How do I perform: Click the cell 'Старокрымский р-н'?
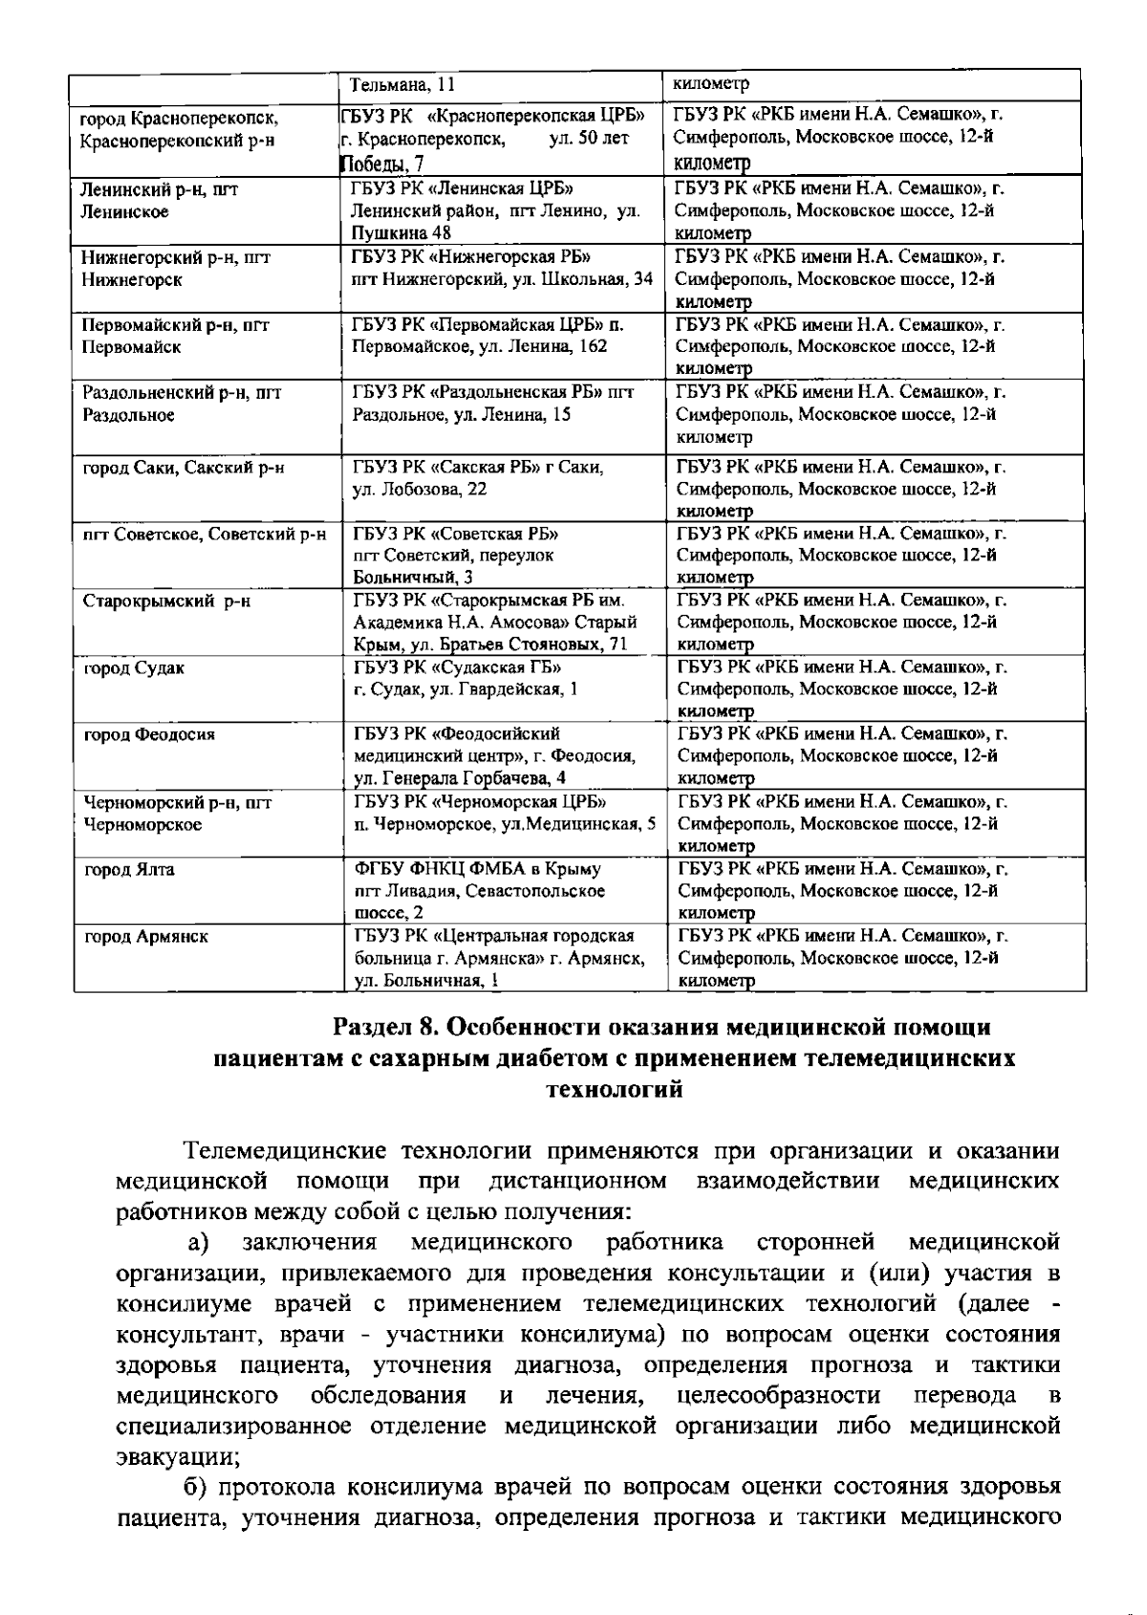(x=166, y=601)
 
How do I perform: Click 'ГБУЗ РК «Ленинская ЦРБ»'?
(x=462, y=188)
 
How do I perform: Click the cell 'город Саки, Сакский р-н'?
(x=184, y=468)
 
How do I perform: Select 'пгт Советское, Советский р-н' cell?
(x=205, y=534)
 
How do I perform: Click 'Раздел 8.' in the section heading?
(x=385, y=1027)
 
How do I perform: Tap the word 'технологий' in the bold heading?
(x=614, y=1089)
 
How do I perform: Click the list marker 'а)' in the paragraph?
(x=198, y=1242)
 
